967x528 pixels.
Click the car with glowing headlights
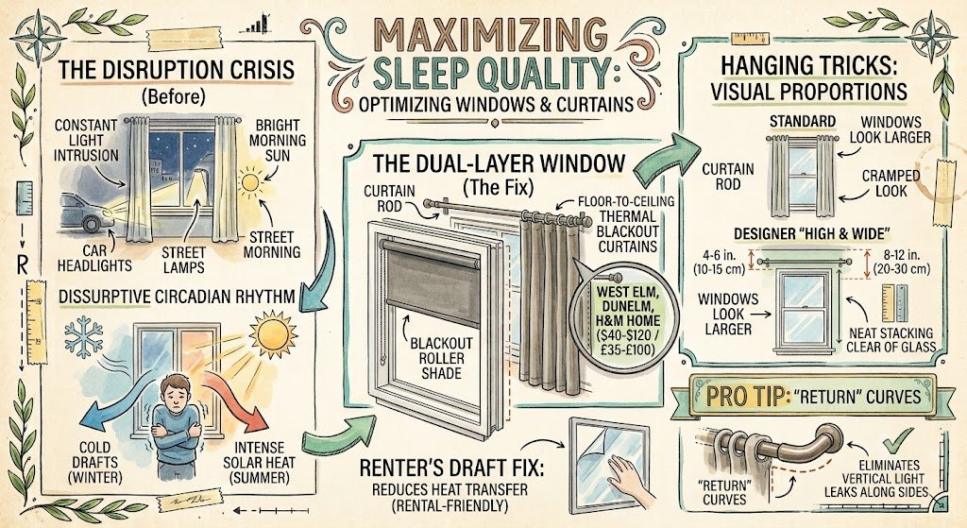[87, 213]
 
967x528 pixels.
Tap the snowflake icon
[84, 337]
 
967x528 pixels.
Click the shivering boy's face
[175, 391]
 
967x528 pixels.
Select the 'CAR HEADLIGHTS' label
[95, 258]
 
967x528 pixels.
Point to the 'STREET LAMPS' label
[183, 260]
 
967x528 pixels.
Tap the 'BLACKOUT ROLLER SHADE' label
[441, 358]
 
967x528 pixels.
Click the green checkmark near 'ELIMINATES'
[897, 442]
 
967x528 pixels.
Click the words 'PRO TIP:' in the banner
[746, 396]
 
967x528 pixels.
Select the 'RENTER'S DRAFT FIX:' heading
[452, 468]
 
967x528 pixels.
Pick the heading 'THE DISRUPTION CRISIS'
[177, 70]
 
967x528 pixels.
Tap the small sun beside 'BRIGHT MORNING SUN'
[250, 182]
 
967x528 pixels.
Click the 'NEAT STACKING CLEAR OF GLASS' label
[891, 339]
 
